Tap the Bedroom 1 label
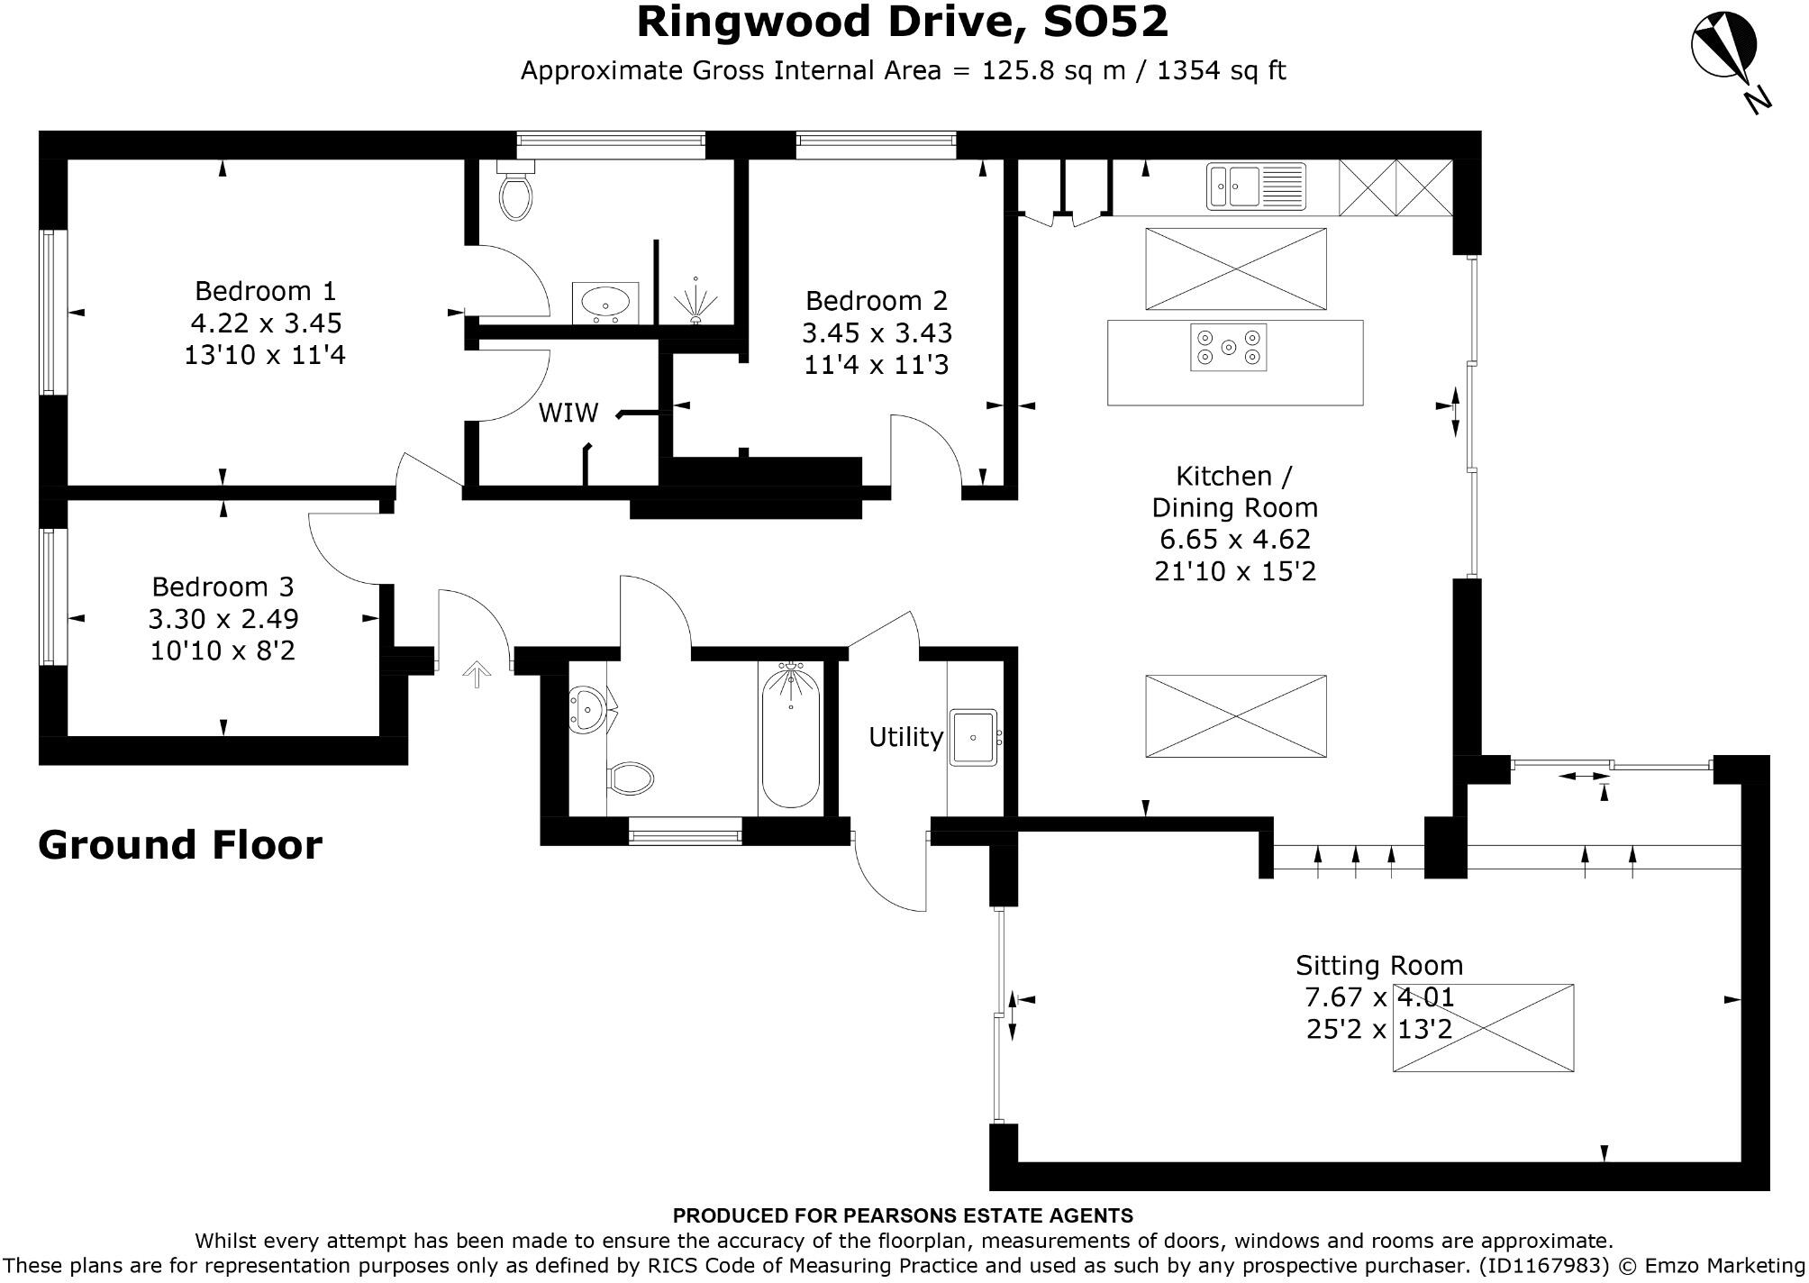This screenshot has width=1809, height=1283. (265, 291)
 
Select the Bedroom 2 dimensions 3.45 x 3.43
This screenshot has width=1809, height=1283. (877, 333)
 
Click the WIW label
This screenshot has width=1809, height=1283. (568, 413)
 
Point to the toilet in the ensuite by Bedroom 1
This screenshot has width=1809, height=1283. (516, 193)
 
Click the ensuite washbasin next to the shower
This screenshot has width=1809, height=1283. (605, 301)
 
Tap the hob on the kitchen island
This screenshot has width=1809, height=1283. (1229, 347)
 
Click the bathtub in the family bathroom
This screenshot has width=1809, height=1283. (790, 736)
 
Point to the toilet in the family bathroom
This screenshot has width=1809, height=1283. (631, 778)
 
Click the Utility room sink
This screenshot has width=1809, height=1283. (973, 737)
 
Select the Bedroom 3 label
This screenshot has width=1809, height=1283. (223, 587)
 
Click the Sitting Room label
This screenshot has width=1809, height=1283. (1378, 965)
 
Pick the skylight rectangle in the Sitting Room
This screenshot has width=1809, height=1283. (1483, 1027)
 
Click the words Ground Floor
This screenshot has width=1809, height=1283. (180, 845)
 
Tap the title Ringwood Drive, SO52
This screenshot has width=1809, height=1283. (903, 22)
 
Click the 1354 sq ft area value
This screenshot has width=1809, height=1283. (1221, 70)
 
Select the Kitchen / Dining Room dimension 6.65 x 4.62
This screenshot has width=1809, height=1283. (1234, 539)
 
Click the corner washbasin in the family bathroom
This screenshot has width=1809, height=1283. (586, 708)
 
